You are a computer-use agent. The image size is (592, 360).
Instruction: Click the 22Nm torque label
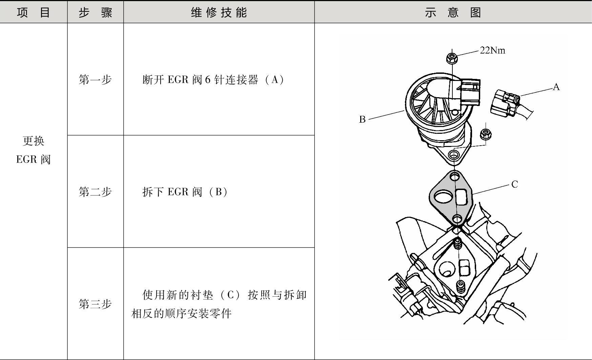click(x=492, y=50)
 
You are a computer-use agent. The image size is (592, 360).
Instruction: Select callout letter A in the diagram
click(x=556, y=87)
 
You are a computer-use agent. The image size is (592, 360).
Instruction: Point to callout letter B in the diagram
click(x=362, y=119)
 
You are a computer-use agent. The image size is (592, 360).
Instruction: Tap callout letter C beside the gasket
click(x=514, y=184)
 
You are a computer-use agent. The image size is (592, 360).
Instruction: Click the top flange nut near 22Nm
click(x=451, y=58)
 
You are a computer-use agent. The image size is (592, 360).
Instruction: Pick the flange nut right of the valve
click(x=486, y=134)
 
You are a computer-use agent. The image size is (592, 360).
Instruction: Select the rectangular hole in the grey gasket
click(x=461, y=197)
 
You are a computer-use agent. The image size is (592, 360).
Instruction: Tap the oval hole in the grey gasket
click(x=443, y=197)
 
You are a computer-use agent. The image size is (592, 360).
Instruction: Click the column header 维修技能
click(x=219, y=13)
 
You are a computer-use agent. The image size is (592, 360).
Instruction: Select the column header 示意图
click(x=453, y=13)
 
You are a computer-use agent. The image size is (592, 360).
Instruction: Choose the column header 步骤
click(x=95, y=13)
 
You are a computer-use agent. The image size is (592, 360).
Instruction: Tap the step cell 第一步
click(x=95, y=80)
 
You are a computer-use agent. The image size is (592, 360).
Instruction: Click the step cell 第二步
click(x=95, y=192)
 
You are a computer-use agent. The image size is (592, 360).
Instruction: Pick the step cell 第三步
click(x=95, y=304)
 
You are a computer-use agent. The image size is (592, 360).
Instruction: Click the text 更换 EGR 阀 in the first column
click(x=33, y=150)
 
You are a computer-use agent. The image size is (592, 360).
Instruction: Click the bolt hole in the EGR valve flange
click(x=453, y=155)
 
